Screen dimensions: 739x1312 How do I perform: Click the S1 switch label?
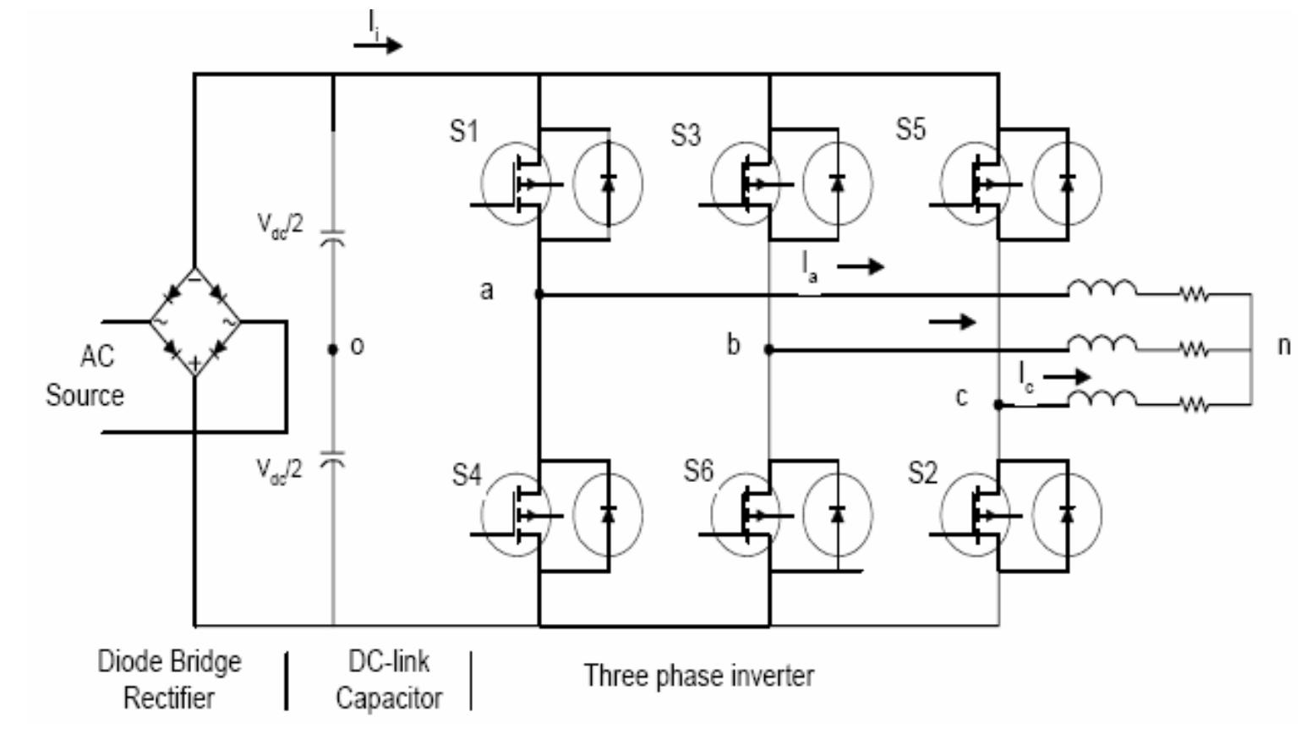[463, 132]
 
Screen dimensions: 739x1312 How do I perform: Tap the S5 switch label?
[910, 129]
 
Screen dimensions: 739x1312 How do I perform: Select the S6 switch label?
[698, 472]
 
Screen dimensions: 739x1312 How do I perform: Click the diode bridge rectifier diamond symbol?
[194, 322]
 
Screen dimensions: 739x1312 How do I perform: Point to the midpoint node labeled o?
[332, 348]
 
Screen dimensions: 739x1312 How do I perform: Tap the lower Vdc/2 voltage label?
[280, 469]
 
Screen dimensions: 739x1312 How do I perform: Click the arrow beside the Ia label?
[861, 267]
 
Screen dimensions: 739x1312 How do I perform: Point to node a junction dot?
[539, 294]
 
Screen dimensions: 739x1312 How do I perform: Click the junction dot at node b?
[768, 348]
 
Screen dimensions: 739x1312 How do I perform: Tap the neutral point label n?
[1284, 345]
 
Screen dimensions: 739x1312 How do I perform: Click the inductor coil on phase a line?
[1102, 289]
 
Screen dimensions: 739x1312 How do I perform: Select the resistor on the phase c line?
[1194, 405]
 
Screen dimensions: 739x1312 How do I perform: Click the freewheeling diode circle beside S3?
[837, 183]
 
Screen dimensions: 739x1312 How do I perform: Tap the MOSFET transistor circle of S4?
[515, 514]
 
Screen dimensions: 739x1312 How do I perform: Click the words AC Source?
[85, 375]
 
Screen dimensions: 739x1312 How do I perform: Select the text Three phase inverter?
[698, 676]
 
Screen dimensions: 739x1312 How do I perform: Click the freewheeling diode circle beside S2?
[1067, 514]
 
